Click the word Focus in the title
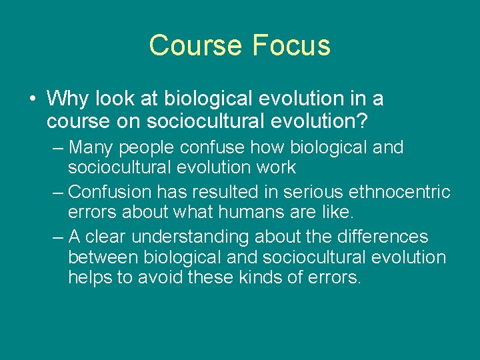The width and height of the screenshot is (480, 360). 291,45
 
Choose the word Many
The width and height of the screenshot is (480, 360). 92,147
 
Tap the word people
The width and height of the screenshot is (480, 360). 147,147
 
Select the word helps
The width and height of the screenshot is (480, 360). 91,278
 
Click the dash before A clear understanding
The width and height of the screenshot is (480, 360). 58,237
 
